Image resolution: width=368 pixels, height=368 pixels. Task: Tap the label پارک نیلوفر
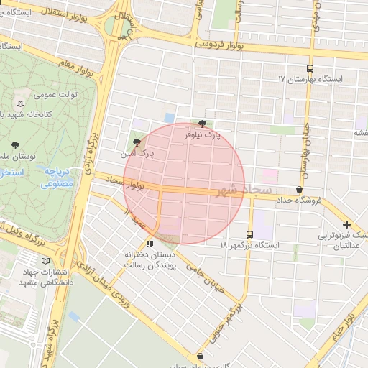[x=220, y=134]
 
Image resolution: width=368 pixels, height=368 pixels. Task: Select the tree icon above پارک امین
[x=137, y=142]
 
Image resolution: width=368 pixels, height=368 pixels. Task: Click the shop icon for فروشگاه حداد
[x=299, y=189]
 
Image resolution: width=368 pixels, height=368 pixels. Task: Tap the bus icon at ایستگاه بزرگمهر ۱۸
[x=249, y=234]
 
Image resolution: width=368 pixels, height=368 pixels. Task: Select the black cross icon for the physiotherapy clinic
[x=347, y=225]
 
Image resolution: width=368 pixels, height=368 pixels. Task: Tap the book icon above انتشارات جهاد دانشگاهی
[x=42, y=261]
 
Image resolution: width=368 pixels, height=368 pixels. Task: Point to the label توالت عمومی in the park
[x=55, y=95]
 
